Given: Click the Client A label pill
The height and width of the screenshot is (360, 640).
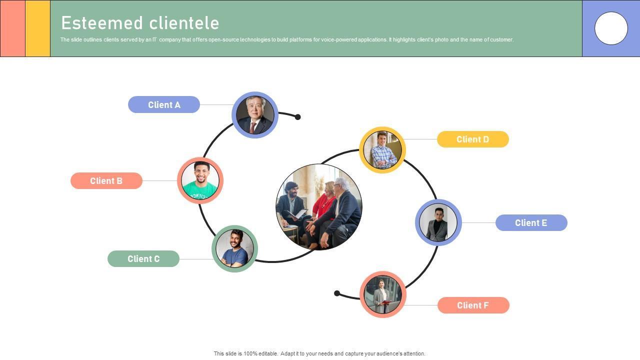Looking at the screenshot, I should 164,104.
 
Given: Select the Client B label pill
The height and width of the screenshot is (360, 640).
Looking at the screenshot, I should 106,180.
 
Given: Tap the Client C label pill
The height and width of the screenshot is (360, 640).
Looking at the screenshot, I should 143,258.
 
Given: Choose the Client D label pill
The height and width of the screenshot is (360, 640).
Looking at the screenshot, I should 472,139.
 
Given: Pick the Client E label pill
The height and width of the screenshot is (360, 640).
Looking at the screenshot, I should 531,222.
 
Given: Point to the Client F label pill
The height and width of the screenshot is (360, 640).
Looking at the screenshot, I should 473,305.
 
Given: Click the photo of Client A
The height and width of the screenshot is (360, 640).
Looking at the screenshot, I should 255,115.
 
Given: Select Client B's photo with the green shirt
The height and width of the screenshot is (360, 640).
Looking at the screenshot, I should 200,180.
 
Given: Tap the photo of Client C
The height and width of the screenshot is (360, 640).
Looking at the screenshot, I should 234,248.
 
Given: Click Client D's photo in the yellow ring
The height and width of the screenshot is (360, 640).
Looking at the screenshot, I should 382,150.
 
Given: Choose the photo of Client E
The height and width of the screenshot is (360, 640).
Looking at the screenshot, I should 438,222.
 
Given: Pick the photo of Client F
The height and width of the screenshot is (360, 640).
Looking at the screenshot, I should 382,294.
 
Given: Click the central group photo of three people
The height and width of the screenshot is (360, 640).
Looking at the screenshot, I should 319,206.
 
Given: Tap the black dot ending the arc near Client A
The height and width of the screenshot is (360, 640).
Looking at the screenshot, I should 297,117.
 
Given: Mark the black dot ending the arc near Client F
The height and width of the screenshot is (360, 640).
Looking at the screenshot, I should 337,293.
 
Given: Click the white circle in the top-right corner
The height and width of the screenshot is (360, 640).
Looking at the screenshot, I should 611,28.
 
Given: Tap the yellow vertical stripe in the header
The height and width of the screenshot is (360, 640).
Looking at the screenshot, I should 37,28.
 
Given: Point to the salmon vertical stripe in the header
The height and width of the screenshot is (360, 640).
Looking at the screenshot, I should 12,28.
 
